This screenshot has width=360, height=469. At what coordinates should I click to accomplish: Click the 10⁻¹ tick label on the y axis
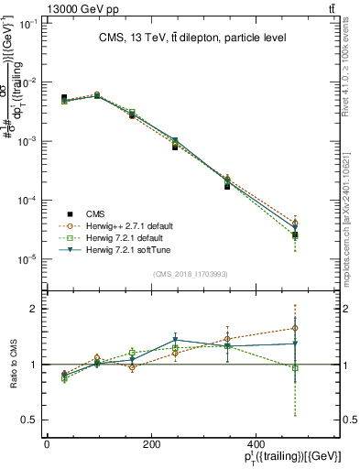31,24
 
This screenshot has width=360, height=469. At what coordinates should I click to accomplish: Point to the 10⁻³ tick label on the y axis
31,142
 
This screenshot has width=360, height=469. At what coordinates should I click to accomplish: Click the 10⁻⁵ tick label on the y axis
31,260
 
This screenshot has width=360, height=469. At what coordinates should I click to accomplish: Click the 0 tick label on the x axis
47,444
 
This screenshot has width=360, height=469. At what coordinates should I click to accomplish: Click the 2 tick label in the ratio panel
36,310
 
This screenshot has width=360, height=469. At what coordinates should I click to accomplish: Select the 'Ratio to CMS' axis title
11,364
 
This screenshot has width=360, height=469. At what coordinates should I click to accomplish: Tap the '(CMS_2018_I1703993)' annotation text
191,273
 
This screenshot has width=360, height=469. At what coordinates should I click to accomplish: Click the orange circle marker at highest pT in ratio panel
294,328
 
